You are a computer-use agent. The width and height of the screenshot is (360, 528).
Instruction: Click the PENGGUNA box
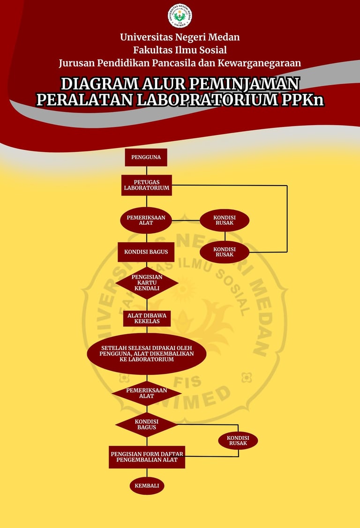coord(146,157)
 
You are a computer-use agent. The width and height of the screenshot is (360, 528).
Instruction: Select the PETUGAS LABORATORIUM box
coord(147,185)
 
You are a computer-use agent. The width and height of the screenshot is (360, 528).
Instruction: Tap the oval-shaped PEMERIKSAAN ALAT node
coord(146,220)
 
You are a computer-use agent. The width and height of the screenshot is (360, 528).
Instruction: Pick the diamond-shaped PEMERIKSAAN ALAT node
coord(147,393)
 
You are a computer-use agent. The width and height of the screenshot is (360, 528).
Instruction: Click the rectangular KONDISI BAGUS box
coord(146,252)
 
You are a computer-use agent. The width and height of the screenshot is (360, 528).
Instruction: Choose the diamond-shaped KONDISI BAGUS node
coord(147,424)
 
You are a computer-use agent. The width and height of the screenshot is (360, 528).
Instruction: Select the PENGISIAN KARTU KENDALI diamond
coord(147,283)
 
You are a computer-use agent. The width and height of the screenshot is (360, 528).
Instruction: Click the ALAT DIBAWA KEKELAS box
coord(147,319)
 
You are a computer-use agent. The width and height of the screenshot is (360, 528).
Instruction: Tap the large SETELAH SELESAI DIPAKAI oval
coord(147,353)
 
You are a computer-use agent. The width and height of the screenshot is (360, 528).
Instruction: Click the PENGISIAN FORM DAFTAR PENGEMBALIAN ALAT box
coord(147,457)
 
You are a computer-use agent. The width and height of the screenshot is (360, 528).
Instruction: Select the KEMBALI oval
coord(147,486)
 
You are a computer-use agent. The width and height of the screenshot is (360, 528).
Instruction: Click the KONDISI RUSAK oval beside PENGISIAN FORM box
coord(238,440)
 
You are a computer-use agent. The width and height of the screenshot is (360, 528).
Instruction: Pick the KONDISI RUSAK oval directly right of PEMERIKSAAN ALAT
coord(225,220)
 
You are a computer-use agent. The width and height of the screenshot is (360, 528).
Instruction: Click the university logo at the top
coord(180,15)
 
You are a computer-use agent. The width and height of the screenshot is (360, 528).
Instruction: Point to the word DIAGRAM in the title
coord(98,83)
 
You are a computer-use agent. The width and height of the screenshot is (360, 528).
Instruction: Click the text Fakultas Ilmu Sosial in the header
coord(180,50)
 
